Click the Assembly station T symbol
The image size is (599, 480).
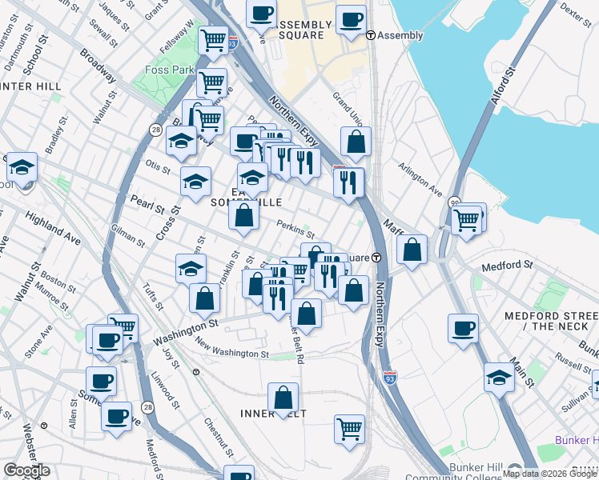(x=371, y=35)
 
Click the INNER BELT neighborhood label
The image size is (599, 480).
(x=274, y=413)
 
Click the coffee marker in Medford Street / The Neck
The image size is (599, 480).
(x=463, y=328)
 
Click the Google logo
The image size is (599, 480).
(x=26, y=470)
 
